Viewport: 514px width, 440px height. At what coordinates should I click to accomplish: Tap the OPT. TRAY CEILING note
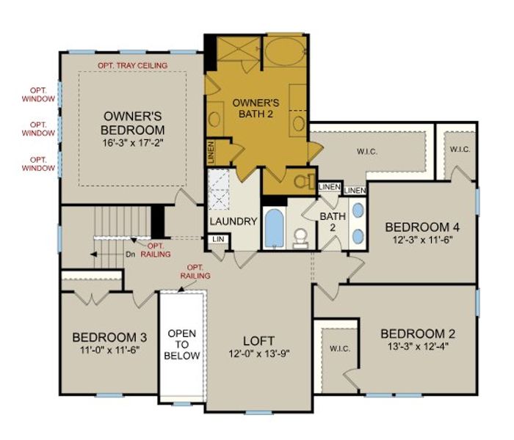132,66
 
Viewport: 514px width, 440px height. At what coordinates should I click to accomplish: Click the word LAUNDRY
233,221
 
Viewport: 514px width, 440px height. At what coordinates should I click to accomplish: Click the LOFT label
258,341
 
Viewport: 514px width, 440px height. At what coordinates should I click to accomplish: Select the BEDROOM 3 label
109,337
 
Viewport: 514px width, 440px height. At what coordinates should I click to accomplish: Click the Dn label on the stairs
129,254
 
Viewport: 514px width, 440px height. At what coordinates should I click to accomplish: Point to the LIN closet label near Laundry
217,239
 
